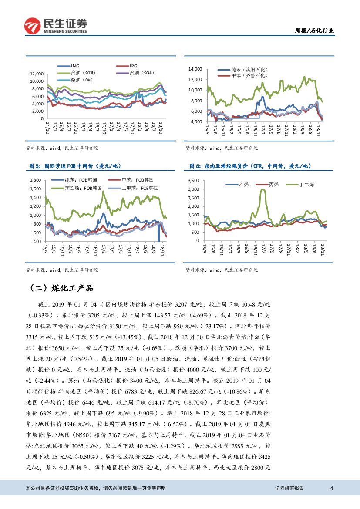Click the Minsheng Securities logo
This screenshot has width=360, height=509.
pyautogui.click(x=55, y=26)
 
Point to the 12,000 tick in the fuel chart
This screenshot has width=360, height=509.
pyautogui.click(x=37, y=74)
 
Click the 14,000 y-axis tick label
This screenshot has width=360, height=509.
pyautogui.click(x=196, y=69)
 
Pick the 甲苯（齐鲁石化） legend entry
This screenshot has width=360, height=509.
pyautogui.click(x=249, y=75)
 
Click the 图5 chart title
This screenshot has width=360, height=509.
pyautogui.click(x=74, y=166)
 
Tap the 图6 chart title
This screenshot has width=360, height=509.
pyautogui.click(x=251, y=166)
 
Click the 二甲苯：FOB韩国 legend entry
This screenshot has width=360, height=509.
pyautogui.click(x=140, y=188)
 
